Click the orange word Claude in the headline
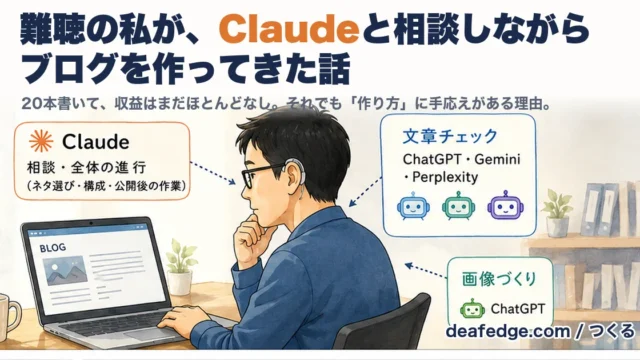click(291, 30)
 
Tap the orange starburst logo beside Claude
click(41, 141)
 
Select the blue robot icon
click(413, 206)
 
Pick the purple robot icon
click(505, 205)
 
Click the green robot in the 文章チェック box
click(458, 206)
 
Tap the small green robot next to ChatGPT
click(472, 309)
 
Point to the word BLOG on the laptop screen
click(53, 248)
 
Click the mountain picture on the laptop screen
click(65, 270)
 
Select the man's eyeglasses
click(260, 175)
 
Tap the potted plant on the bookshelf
click(557, 213)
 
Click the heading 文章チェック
click(450, 136)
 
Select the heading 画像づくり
click(499, 279)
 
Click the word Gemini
click(497, 159)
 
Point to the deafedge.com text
click(508, 331)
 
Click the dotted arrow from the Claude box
click(213, 173)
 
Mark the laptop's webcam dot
click(91, 223)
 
